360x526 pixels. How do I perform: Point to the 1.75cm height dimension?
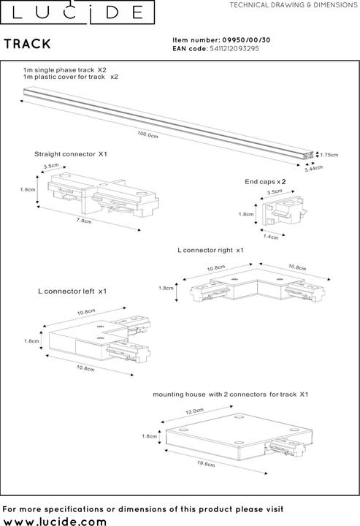(x=329, y=155)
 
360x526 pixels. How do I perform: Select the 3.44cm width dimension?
(x=314, y=169)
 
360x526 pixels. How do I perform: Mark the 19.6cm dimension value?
(x=207, y=465)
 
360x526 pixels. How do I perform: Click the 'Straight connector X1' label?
(x=71, y=155)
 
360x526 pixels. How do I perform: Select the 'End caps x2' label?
(x=265, y=180)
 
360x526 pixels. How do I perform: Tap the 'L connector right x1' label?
(x=210, y=250)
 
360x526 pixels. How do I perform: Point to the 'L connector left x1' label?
(x=72, y=291)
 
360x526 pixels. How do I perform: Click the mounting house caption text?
(x=231, y=394)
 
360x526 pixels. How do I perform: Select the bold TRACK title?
(x=27, y=45)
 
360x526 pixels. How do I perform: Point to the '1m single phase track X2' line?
(x=65, y=68)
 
